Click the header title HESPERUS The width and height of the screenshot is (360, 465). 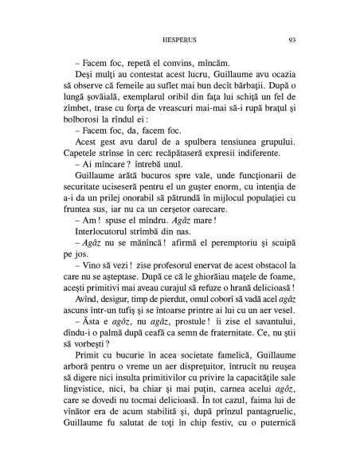tap(179, 39)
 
